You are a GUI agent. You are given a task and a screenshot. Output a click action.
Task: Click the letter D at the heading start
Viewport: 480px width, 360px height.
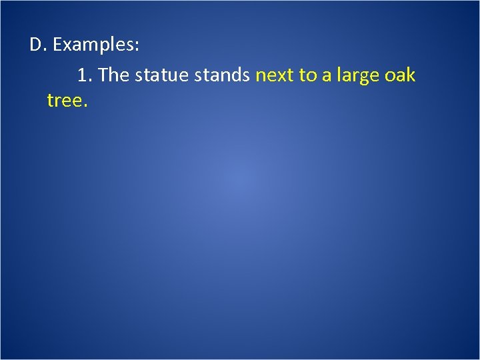coord(36,46)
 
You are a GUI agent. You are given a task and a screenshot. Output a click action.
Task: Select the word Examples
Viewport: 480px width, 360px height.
coord(94,46)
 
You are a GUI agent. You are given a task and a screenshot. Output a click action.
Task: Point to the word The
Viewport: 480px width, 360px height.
coord(113,75)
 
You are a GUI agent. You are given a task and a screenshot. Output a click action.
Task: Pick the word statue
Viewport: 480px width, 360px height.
coord(162,75)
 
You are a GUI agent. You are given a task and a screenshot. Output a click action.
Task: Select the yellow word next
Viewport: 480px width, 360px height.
coord(275,76)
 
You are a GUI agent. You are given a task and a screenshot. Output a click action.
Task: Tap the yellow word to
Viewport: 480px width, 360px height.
coord(308,76)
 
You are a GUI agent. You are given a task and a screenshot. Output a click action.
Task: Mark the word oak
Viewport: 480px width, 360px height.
coord(401,75)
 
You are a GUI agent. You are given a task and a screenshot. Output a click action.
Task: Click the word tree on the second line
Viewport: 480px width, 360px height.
coord(65,101)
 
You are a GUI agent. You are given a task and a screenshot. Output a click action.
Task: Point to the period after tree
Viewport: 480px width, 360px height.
coord(85,106)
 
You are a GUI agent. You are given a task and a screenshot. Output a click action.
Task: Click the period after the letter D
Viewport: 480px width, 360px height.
coord(45,51)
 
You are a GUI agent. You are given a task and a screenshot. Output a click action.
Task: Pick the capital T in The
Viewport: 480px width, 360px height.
coord(104,75)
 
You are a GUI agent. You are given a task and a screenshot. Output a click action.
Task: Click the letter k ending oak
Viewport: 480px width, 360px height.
coord(411,75)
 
